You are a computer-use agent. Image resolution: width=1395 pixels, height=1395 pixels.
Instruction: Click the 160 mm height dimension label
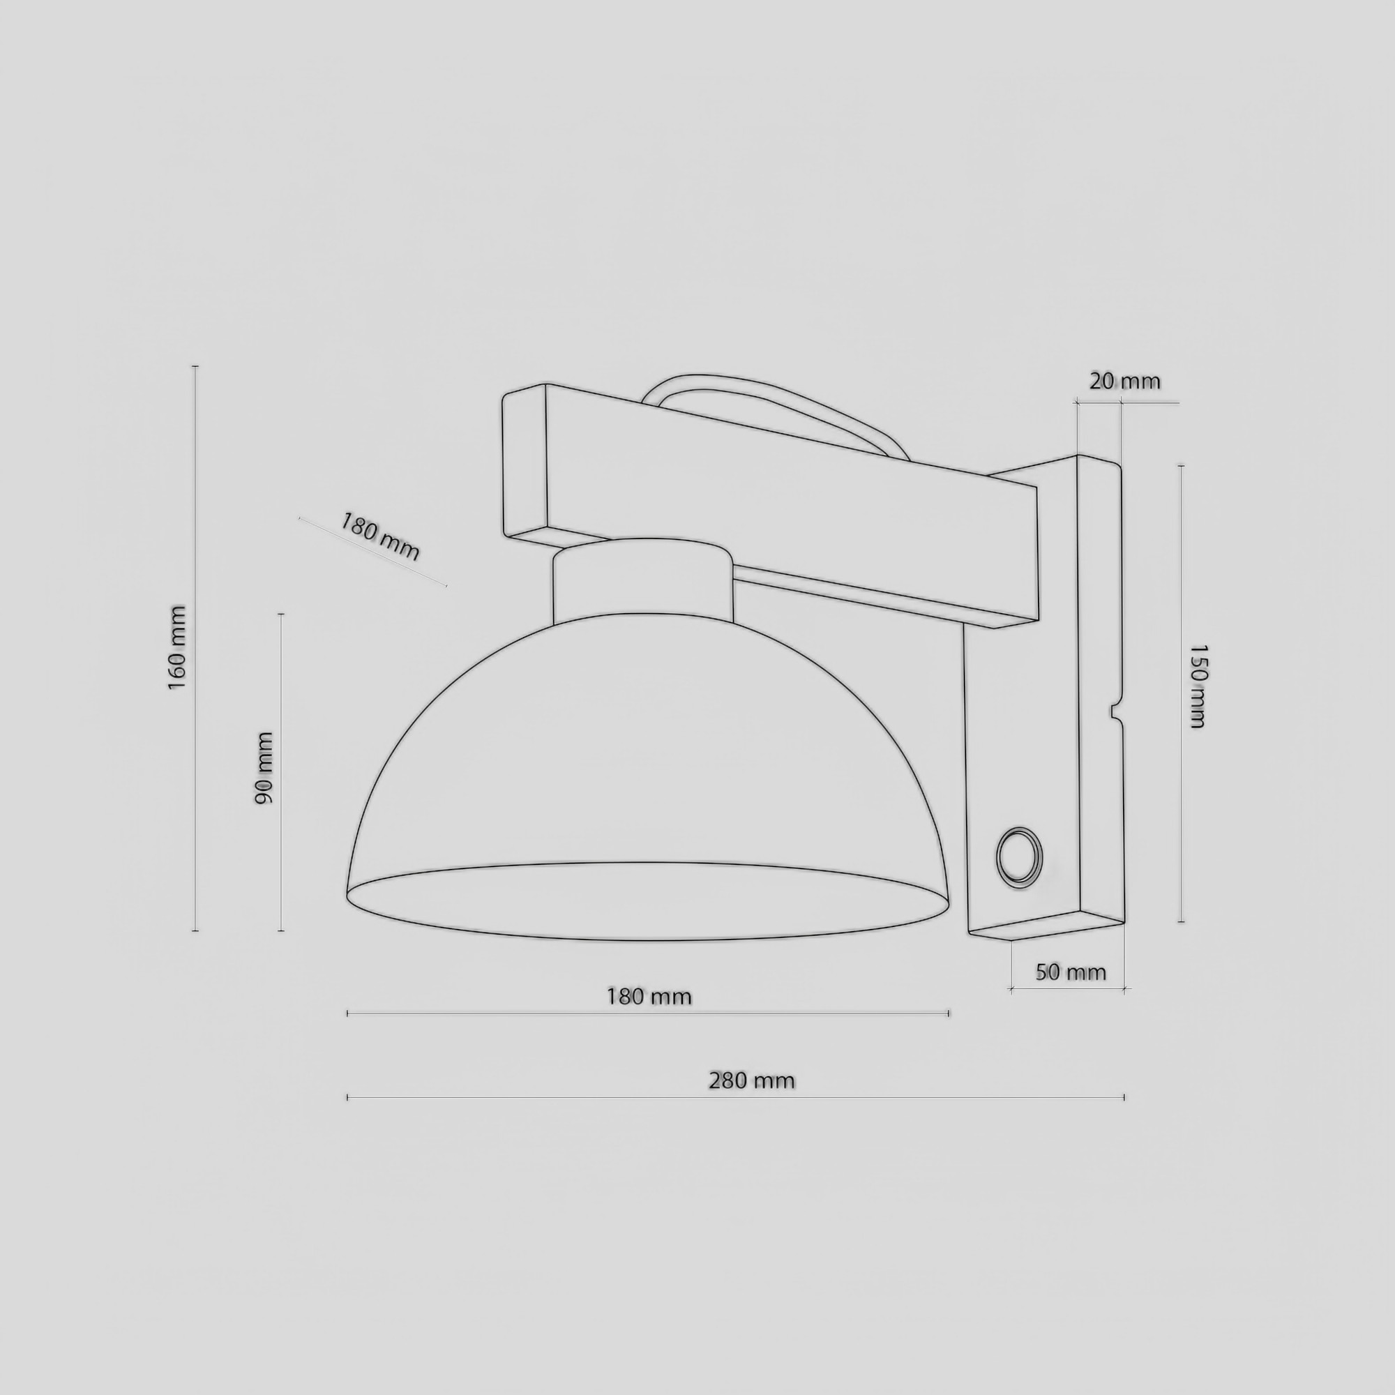point(178,648)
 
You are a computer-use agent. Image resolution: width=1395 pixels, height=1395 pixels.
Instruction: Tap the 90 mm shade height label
point(264,768)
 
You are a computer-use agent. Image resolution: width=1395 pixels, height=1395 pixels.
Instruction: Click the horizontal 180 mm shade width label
point(649,997)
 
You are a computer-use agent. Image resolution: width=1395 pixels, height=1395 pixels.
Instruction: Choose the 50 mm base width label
point(1071,972)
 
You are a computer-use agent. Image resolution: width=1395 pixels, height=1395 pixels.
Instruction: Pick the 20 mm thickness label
point(1124,382)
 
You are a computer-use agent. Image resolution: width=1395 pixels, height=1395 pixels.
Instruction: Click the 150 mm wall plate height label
point(1196,686)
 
